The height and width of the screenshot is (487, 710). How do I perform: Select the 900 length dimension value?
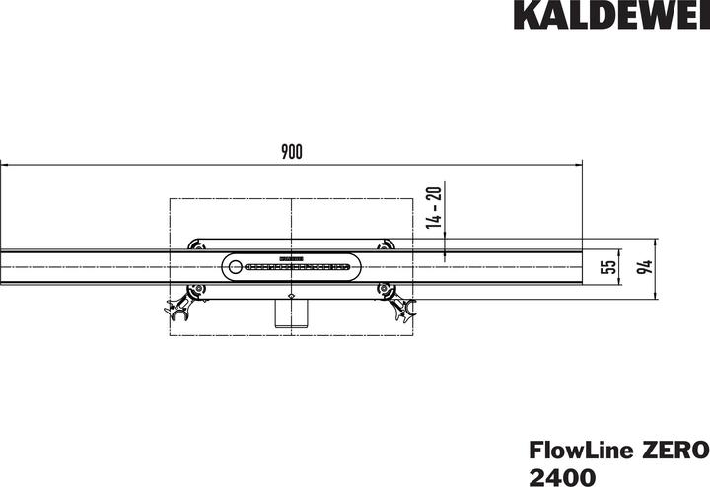(291, 151)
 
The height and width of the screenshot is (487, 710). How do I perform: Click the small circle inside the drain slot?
(235, 265)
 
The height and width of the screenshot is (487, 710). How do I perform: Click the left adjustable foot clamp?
(181, 305)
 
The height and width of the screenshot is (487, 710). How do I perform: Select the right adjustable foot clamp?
(402, 304)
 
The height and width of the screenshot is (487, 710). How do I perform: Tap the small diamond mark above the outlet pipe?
(291, 297)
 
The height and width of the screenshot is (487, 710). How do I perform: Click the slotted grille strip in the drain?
(296, 266)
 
